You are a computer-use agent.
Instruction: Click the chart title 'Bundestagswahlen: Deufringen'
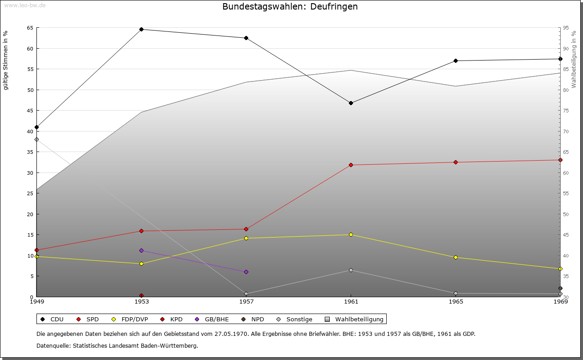point(290,7)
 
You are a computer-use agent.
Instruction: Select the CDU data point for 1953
point(142,30)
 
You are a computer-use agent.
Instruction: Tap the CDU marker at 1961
point(351,103)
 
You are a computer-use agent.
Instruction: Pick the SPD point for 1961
point(351,165)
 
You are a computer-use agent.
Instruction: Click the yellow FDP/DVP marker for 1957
point(246,238)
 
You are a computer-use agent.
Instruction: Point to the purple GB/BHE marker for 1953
point(142,250)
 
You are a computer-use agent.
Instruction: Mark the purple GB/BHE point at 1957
point(246,272)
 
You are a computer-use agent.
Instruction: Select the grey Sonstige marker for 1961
point(351,270)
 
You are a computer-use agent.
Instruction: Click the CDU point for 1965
point(455,61)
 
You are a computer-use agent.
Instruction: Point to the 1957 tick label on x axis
point(246,301)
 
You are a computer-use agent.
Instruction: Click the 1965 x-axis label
point(455,301)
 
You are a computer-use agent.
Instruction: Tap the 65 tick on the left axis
point(30,28)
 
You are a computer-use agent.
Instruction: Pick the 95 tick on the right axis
point(566,28)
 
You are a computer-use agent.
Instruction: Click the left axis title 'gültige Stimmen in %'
point(6,60)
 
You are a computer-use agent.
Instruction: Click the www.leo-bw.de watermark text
point(25,5)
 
